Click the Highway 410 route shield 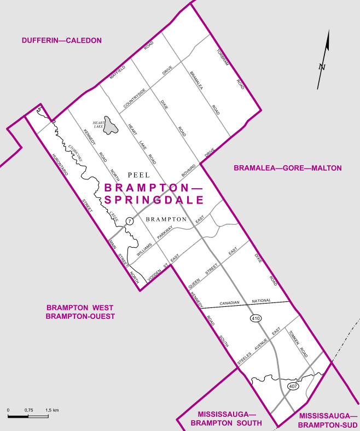tap(256, 318)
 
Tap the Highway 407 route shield tap(293, 387)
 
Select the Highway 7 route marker tap(129, 221)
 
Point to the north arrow tap(324, 60)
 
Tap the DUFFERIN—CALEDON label tap(62, 40)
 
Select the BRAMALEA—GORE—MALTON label tap(287, 168)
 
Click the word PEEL tap(138, 175)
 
